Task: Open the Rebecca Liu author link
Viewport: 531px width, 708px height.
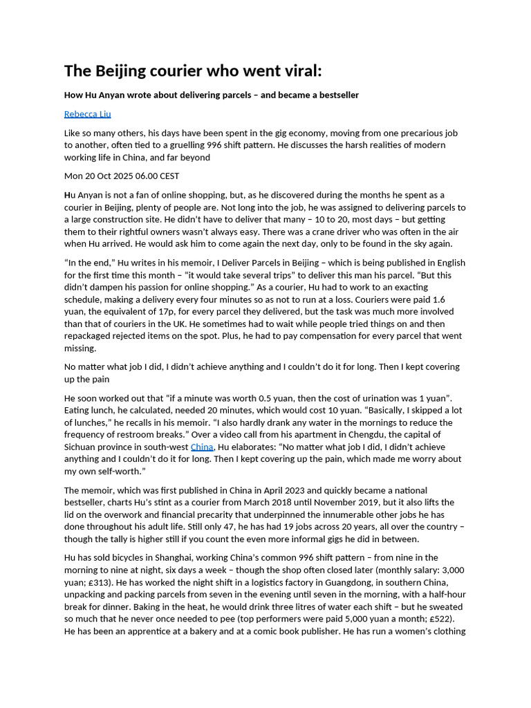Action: [87, 114]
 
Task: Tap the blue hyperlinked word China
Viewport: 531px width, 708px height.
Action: [202, 447]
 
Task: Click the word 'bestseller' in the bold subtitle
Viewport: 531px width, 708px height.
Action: [337, 95]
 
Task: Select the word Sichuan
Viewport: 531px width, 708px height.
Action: [82, 447]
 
